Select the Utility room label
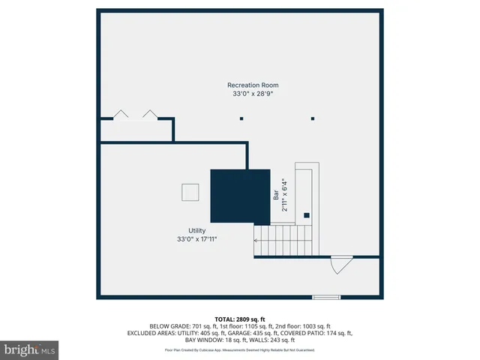click(196, 230)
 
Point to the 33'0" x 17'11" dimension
click(196, 239)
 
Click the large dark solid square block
click(240, 196)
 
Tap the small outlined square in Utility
click(190, 192)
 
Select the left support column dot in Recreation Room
click(241, 118)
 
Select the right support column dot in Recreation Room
click(313, 118)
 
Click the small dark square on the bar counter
click(306, 215)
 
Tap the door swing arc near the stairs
click(341, 265)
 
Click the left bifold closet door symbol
click(120, 114)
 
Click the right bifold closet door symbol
click(150, 114)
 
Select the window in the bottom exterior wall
click(326, 298)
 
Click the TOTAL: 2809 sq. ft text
click(240, 319)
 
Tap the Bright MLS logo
click(30, 349)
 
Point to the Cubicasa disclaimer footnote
click(240, 350)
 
